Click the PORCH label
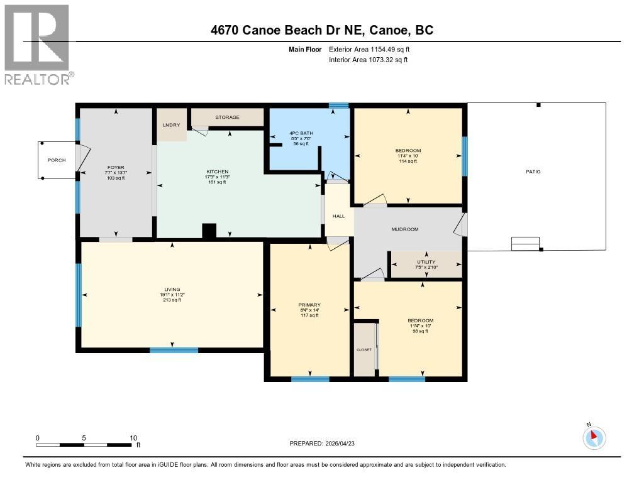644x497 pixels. coord(57,160)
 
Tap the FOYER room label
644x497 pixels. coord(114,167)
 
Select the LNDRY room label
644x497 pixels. coord(172,126)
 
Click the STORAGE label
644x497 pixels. coord(227,117)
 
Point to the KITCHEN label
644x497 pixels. coord(218,172)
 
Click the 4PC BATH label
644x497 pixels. coord(301,133)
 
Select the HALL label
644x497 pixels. coord(338,216)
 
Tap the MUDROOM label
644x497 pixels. coord(405,229)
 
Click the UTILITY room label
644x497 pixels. coord(426,262)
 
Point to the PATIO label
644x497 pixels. coord(533,172)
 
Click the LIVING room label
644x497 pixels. coord(171,290)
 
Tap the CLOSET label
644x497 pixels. coord(364,349)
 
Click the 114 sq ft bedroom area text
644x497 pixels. coord(408,161)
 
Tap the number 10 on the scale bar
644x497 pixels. coord(133,437)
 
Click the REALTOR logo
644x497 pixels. coord(37,44)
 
